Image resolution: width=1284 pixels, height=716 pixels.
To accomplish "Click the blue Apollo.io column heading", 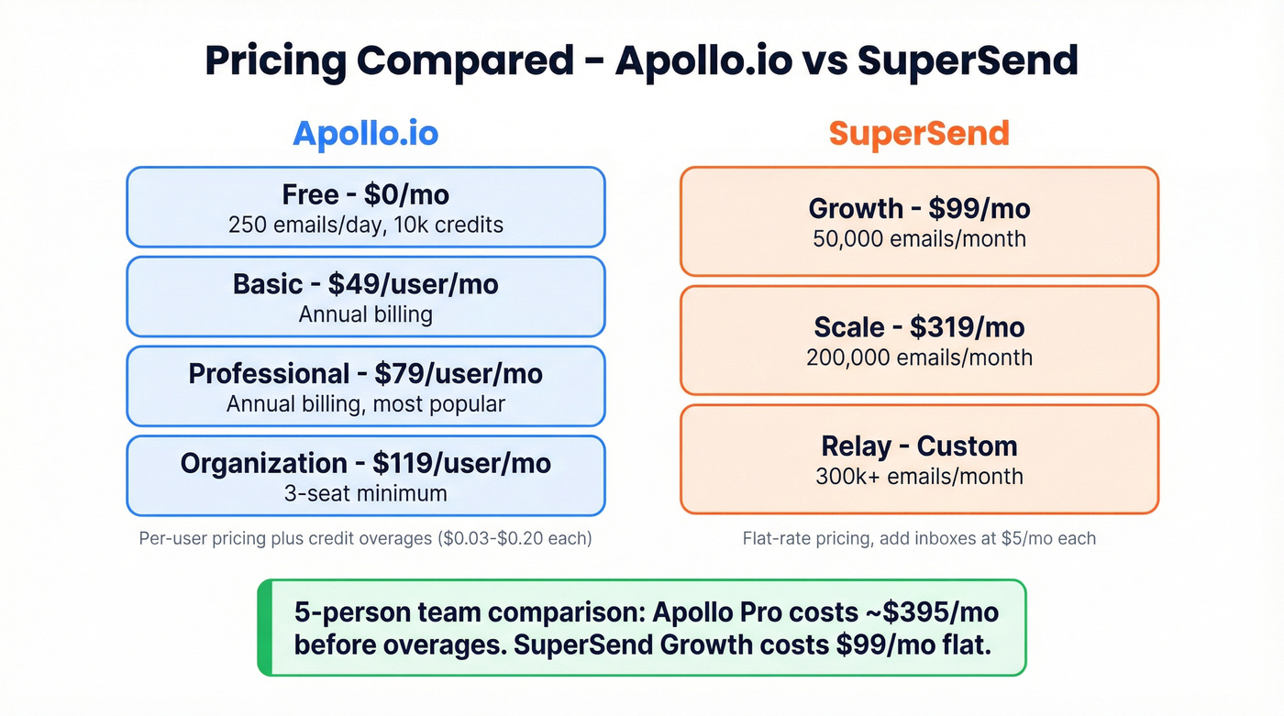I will (365, 134).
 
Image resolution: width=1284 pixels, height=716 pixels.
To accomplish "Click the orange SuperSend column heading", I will (919, 134).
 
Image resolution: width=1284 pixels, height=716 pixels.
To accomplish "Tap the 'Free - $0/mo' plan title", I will (365, 194).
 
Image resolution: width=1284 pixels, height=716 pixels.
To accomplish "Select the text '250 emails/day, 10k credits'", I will (365, 225).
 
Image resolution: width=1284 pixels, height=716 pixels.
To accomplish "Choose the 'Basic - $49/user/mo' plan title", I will (365, 284).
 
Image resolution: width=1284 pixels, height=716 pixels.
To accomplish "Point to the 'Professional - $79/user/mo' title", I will (365, 374).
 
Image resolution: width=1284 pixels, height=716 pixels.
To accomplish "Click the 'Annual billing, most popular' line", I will (365, 404).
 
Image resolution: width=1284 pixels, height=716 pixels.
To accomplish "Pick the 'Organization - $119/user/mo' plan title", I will (365, 463).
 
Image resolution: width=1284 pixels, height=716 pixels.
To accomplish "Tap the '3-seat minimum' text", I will (365, 493).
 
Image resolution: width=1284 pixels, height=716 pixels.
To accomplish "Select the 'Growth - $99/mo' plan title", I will (919, 208).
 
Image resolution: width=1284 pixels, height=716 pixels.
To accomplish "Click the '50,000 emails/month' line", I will (919, 239).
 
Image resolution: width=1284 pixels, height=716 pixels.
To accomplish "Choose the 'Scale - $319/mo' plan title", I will (919, 327).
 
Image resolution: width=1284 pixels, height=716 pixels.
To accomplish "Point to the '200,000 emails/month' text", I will (919, 358).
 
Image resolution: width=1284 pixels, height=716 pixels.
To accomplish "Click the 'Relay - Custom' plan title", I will (919, 446).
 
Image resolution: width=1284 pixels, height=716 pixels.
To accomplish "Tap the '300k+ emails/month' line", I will (919, 477).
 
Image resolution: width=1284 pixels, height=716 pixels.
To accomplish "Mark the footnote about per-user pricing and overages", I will (365, 538).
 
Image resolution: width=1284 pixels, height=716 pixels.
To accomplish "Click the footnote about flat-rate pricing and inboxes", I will (919, 538).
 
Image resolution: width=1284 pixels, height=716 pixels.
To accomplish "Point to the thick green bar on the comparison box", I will (264, 628).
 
